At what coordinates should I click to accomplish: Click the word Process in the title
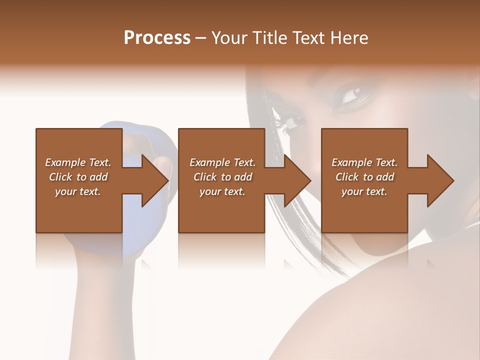[157, 38]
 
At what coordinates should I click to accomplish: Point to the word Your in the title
[229, 38]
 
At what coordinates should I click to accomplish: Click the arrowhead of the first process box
[155, 180]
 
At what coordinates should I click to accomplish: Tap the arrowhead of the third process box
[440, 180]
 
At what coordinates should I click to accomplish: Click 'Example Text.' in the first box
[78, 162]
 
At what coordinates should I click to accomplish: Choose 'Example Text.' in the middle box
[222, 162]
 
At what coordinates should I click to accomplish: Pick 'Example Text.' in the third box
[364, 162]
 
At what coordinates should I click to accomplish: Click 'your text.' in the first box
[78, 191]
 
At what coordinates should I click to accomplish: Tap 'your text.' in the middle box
[222, 191]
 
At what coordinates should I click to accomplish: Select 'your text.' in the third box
[364, 191]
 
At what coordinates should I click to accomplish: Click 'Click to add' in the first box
[78, 177]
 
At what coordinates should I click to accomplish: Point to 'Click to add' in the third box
[364, 177]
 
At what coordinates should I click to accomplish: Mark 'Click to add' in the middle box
[222, 177]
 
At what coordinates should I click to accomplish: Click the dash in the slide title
[201, 38]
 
